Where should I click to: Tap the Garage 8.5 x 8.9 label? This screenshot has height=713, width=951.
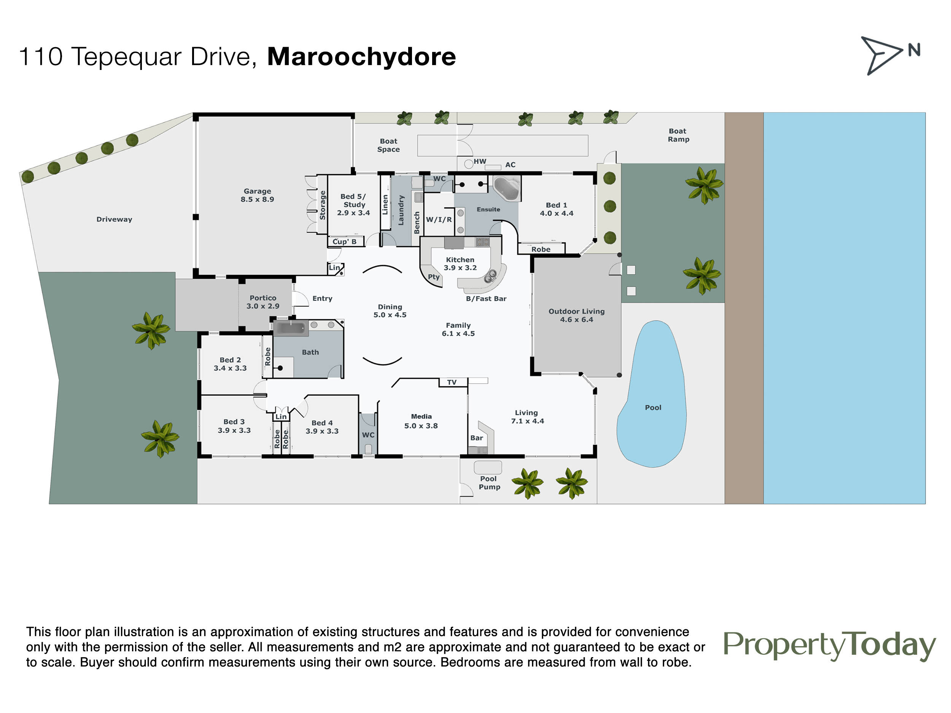pyautogui.click(x=257, y=195)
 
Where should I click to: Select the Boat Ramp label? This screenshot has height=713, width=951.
pyautogui.click(x=678, y=135)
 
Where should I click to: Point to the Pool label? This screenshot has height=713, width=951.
pyautogui.click(x=653, y=407)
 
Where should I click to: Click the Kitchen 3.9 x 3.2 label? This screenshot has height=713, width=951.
pyautogui.click(x=460, y=264)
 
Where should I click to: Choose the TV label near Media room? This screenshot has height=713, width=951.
pyautogui.click(x=452, y=382)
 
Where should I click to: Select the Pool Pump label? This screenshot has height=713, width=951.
pyautogui.click(x=489, y=483)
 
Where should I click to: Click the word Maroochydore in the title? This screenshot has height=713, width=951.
pyautogui.click(x=361, y=56)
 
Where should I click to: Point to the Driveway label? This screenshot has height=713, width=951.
pyautogui.click(x=114, y=219)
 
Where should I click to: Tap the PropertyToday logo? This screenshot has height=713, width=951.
pyautogui.click(x=830, y=646)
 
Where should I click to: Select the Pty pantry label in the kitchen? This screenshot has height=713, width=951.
pyautogui.click(x=434, y=277)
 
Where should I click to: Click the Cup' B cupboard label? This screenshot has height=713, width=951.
pyautogui.click(x=344, y=241)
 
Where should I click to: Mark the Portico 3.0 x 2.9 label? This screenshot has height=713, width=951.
pyautogui.click(x=263, y=302)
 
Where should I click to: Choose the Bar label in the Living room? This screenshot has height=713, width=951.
pyautogui.click(x=476, y=438)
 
